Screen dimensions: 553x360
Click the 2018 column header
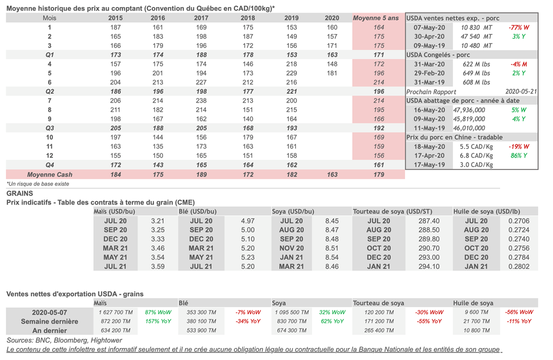tap(248, 18)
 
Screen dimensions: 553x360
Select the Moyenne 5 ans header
tap(376, 18)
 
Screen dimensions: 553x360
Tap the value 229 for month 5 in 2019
tap(292, 73)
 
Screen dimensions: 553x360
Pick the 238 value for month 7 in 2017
tap(201, 100)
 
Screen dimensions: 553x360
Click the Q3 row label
tap(50, 128)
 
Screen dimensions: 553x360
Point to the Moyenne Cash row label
tap(50, 174)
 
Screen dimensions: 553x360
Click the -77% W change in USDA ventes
tap(519, 28)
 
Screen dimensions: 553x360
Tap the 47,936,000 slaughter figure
tap(469, 110)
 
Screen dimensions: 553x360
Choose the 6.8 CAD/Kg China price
tap(476, 155)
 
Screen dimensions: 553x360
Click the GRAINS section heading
tap(20, 193)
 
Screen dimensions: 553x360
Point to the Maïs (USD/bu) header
tap(114, 212)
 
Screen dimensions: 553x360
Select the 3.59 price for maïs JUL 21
tap(158, 267)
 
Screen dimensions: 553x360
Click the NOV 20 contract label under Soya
tap(292, 248)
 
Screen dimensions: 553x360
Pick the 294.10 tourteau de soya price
tap(429, 267)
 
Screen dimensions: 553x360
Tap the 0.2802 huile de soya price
tap(519, 267)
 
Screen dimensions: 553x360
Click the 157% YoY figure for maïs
tap(158, 321)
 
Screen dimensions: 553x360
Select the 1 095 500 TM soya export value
tap(292, 312)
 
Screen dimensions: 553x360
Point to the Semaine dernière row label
tap(49, 322)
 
